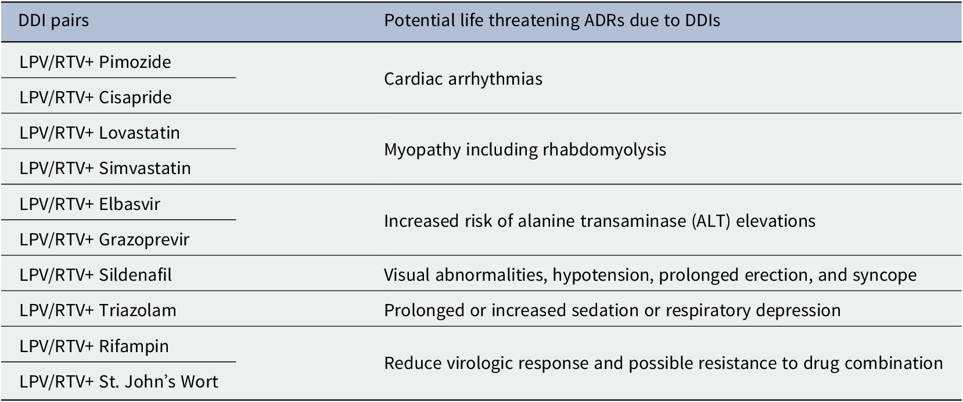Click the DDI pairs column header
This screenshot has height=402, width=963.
pyautogui.click(x=53, y=21)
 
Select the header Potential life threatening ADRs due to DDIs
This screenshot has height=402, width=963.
pyautogui.click(x=552, y=21)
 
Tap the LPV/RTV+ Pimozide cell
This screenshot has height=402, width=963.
pyautogui.click(x=95, y=62)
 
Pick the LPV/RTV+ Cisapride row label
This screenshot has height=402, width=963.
pyautogui.click(x=95, y=97)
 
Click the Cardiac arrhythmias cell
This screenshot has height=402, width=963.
pyautogui.click(x=463, y=79)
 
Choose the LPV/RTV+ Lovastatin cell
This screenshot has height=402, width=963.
pyautogui.click(x=99, y=133)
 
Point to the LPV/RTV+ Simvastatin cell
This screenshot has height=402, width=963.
pyautogui.click(x=105, y=168)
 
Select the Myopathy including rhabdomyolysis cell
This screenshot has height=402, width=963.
pyautogui.click(x=525, y=150)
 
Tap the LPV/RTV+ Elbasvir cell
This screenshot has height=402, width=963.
pyautogui.click(x=89, y=204)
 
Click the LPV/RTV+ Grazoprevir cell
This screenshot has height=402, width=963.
pyautogui.click(x=104, y=240)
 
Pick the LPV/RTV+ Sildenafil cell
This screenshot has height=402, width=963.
pyautogui.click(x=95, y=275)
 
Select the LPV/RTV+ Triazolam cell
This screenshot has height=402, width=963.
pyautogui.click(x=98, y=310)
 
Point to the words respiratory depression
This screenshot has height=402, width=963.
pyautogui.click(x=753, y=310)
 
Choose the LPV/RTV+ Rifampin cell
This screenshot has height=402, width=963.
pyautogui.click(x=94, y=346)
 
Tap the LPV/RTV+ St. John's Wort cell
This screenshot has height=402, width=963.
pyautogui.click(x=118, y=381)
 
